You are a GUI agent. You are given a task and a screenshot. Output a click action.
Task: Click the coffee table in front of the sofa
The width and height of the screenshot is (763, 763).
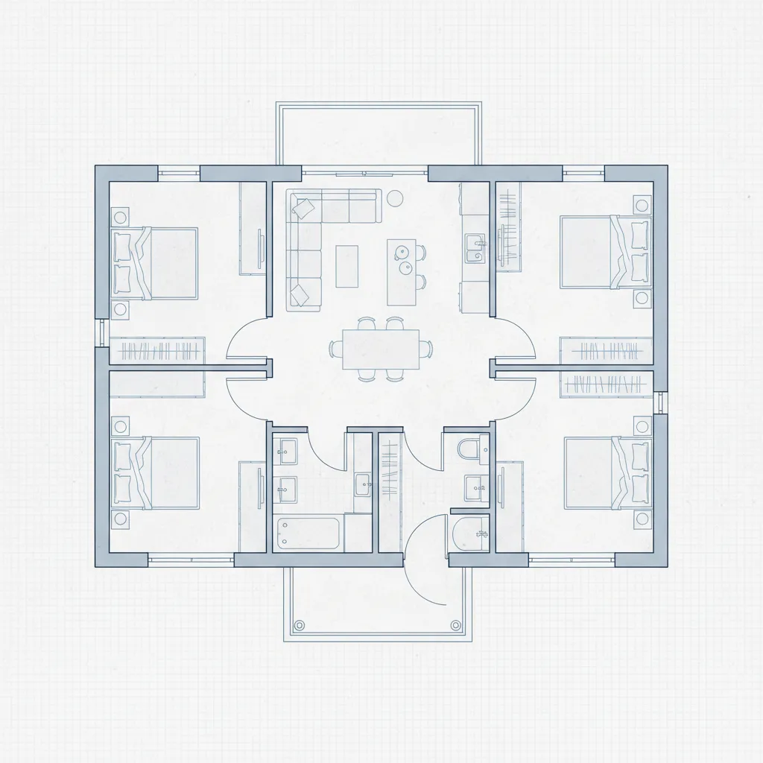point(346,266)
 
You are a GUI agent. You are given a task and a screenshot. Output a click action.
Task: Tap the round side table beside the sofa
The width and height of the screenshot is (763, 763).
point(395,197)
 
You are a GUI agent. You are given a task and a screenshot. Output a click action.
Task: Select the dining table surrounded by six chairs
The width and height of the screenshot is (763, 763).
point(380,349)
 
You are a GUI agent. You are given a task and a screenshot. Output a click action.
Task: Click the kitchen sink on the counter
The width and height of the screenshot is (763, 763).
point(474,247)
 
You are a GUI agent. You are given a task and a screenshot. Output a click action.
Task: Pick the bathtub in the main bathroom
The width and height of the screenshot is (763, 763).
point(308,534)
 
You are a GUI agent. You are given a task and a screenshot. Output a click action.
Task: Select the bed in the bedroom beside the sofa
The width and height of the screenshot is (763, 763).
point(155,263)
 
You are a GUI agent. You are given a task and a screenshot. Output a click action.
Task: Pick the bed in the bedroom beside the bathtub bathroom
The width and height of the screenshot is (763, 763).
point(155,473)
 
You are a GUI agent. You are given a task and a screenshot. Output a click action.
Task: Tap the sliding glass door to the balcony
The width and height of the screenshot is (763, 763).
point(364,174)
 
